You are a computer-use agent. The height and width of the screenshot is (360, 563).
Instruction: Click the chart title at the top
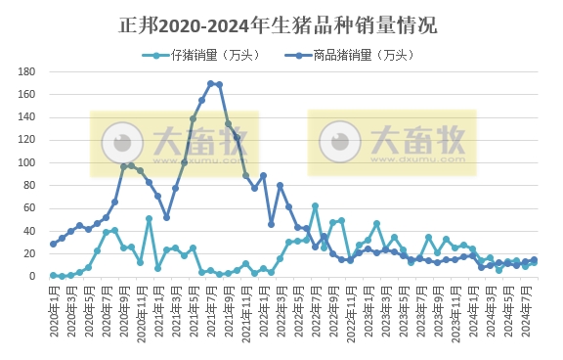pyautogui.click(x=281, y=22)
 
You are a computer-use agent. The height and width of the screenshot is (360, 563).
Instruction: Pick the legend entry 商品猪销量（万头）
pyautogui.click(x=338, y=55)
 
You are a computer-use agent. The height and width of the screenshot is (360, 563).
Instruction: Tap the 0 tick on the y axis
pyautogui.click(x=32, y=277)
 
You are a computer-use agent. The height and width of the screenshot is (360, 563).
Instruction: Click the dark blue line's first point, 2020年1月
pyautogui.click(x=53, y=244)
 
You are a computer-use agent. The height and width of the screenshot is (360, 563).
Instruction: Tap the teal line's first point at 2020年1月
pyautogui.click(x=53, y=276)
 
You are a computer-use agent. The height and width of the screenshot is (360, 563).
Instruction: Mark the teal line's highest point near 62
pyautogui.click(x=315, y=206)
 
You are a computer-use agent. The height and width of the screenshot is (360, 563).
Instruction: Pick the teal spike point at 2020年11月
pyautogui.click(x=149, y=219)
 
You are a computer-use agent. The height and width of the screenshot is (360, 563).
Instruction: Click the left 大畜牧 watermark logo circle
pyautogui.click(x=123, y=143)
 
